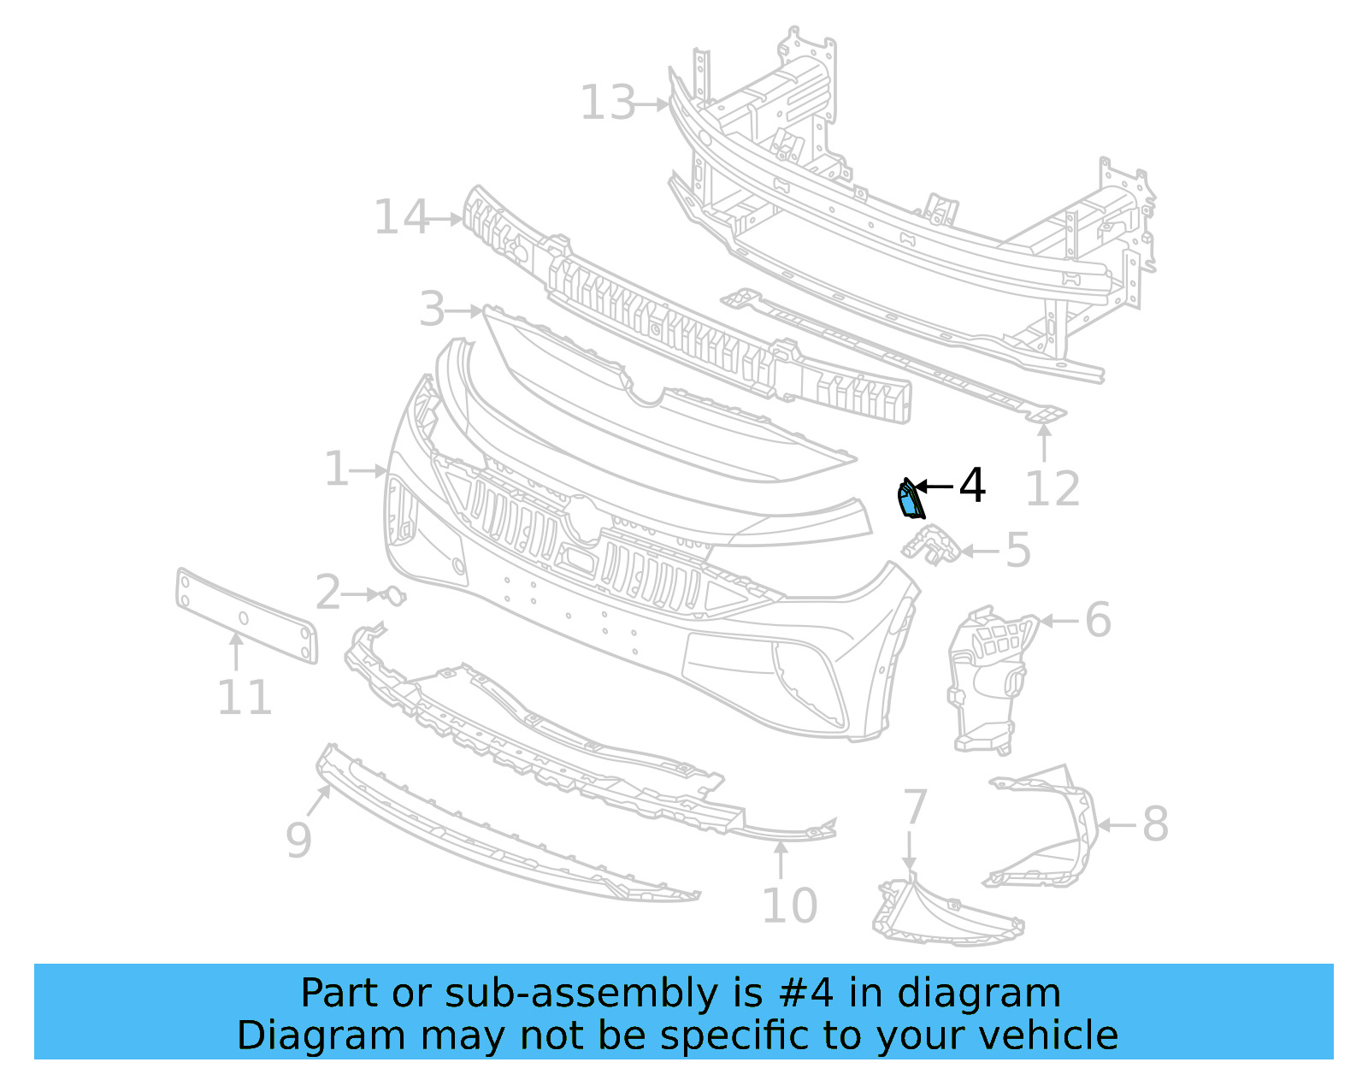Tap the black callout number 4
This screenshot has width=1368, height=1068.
972,486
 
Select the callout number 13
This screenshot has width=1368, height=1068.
608,103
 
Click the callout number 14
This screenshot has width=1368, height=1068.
402,218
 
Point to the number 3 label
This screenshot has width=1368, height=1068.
432,310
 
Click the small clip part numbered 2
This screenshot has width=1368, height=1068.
393,595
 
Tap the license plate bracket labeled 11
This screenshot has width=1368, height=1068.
246,617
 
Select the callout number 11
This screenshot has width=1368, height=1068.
245,698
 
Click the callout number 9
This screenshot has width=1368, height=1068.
298,840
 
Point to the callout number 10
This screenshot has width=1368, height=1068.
789,906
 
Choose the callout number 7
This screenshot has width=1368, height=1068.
915,807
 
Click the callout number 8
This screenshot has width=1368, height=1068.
1154,825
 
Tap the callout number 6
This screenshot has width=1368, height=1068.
1098,620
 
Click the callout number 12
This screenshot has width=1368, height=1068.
1053,490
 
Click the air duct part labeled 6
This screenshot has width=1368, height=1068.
988,680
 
